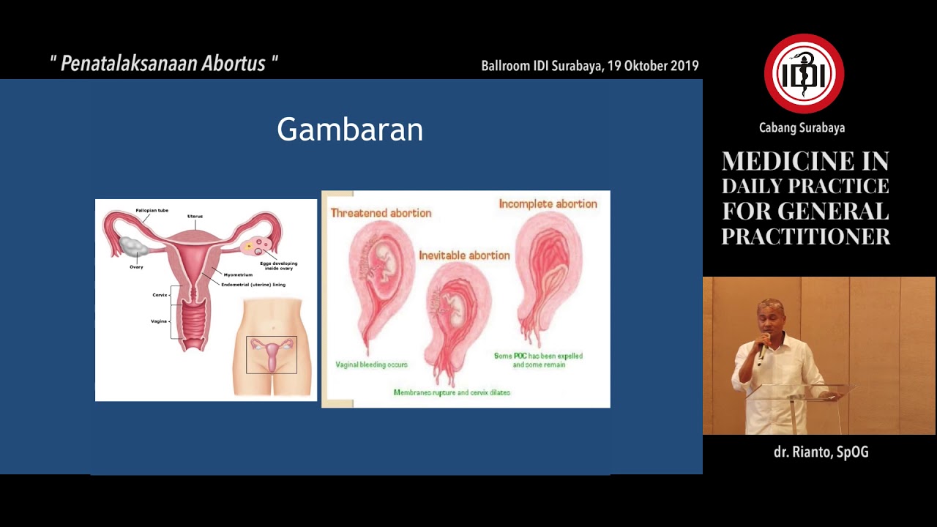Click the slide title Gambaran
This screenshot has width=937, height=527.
[x=350, y=130]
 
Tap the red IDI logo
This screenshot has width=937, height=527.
[x=804, y=74]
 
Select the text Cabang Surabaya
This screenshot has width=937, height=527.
[x=802, y=128]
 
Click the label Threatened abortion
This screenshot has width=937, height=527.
[x=381, y=213]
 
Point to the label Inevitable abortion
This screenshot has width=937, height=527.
[x=464, y=255]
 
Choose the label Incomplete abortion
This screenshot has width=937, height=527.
[x=548, y=204]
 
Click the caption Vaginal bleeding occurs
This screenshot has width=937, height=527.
[x=371, y=365]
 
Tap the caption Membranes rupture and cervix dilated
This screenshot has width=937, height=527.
[x=452, y=393]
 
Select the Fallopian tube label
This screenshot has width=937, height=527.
[x=152, y=211]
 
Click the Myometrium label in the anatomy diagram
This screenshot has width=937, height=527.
[x=238, y=275]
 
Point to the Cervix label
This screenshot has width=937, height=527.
[x=160, y=295]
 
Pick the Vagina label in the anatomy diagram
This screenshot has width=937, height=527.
[x=159, y=321]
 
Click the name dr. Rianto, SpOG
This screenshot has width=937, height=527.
[x=821, y=452]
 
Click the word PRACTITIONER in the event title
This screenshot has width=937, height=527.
[x=805, y=236]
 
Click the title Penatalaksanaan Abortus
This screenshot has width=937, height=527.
[x=163, y=64]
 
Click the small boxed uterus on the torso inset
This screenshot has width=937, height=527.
[x=272, y=355]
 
